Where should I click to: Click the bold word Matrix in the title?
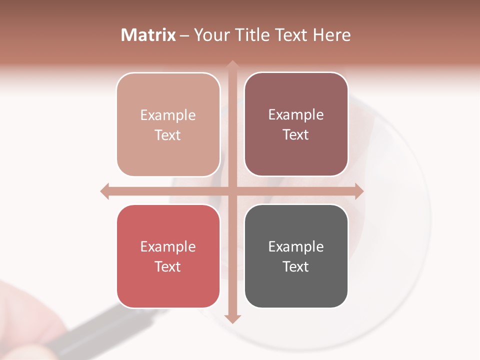click(x=148, y=35)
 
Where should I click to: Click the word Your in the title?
click(x=210, y=35)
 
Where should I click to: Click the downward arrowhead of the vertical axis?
click(x=232, y=318)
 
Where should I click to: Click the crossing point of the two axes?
click(x=232, y=191)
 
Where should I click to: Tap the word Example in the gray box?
click(x=296, y=246)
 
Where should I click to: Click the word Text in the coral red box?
click(x=167, y=266)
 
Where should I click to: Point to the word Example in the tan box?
click(x=168, y=115)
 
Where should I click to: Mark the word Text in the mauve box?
click(x=295, y=135)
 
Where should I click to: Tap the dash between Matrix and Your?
click(x=184, y=35)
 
